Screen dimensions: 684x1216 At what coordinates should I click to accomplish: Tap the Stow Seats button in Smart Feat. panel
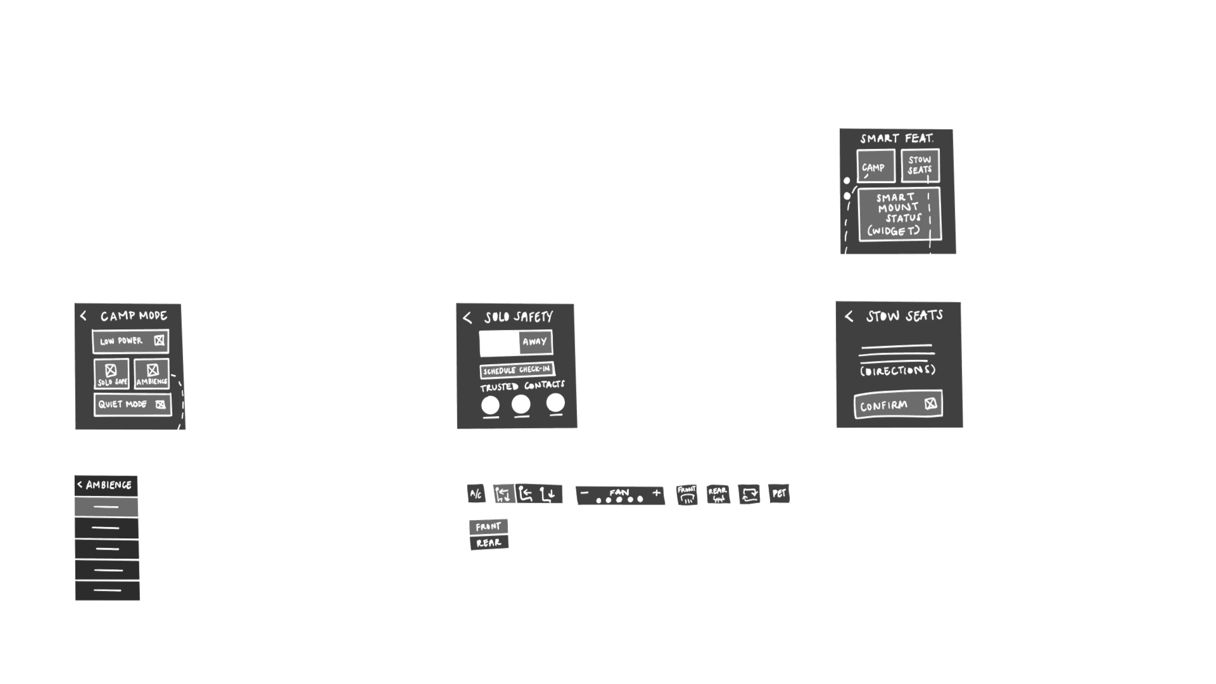tap(919, 165)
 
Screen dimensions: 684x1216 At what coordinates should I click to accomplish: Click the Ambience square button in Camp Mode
tap(151, 373)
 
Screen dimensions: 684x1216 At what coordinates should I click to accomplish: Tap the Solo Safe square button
tap(112, 373)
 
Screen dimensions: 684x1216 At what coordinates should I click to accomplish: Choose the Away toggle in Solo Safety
tap(535, 342)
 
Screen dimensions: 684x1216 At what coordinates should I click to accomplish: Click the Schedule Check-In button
tap(517, 370)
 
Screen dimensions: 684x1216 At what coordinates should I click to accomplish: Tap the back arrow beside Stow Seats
tap(849, 316)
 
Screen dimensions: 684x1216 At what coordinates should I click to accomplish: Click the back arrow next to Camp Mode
tap(83, 315)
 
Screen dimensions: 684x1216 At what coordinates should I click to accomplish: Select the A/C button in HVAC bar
tap(476, 494)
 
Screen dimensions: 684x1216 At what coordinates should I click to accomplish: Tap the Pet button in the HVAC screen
tap(779, 493)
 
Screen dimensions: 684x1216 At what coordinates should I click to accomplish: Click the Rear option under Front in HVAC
tap(488, 543)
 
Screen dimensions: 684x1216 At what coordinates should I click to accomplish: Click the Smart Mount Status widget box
tap(899, 214)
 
